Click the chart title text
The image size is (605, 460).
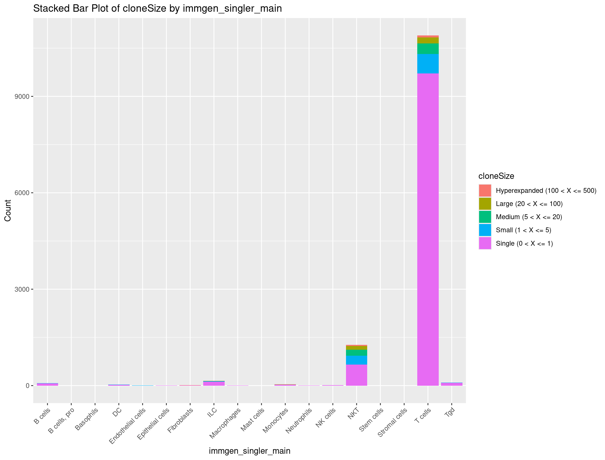(157, 9)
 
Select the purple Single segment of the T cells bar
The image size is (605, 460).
(428, 229)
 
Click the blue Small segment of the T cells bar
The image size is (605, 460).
(428, 64)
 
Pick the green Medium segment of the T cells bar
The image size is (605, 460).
(428, 49)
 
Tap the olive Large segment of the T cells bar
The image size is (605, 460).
(428, 40)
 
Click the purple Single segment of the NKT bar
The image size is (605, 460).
(356, 375)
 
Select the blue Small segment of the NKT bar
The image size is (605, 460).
(356, 360)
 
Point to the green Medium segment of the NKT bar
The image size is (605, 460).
(356, 353)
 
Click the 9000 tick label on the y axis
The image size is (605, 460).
(22, 97)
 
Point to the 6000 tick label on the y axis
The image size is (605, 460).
(22, 193)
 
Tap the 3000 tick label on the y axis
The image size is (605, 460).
(22, 289)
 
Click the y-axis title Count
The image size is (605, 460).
(8, 210)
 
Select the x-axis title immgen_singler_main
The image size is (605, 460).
(250, 451)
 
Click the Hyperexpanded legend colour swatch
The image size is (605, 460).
(485, 191)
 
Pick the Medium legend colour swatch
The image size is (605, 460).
(485, 217)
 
